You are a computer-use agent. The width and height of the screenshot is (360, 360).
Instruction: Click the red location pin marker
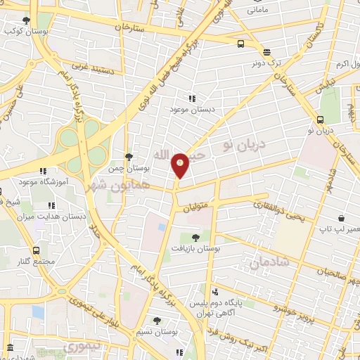(181, 165)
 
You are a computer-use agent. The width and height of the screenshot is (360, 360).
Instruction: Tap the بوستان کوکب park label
(20, 32)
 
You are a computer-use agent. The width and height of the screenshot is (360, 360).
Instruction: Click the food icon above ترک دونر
(266, 52)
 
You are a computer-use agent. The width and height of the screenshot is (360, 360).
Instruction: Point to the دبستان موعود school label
(190, 110)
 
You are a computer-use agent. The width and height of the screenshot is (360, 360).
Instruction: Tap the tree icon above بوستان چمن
(128, 157)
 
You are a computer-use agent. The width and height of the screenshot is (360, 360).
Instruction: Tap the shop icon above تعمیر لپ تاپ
(340, 219)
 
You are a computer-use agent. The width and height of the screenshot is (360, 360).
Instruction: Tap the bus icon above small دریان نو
(321, 120)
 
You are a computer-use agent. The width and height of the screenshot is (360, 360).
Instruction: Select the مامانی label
(266, 11)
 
